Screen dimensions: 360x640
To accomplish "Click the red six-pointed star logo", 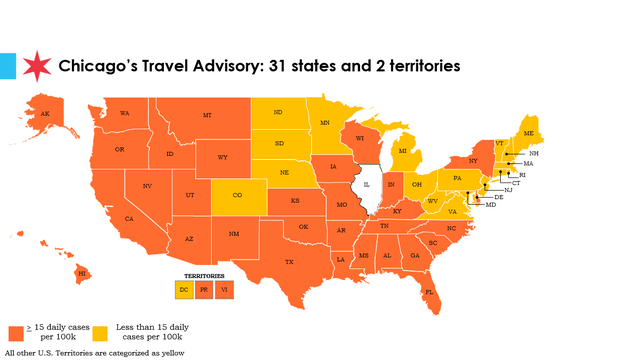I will click(37, 66).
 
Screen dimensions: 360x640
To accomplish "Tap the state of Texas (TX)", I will click(289, 261).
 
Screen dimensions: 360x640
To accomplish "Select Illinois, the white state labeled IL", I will click(367, 185).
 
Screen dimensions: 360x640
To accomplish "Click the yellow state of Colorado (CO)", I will click(236, 195).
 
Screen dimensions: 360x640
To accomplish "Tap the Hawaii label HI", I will click(82, 272).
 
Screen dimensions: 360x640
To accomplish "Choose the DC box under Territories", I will click(184, 289).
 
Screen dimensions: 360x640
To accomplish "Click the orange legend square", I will click(16, 332).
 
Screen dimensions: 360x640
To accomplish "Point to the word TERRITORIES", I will click(205, 275).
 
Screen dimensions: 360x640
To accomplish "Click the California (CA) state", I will click(129, 218).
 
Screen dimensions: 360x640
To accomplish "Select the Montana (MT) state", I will click(207, 116).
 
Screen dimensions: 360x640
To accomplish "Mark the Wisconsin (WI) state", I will click(357, 139).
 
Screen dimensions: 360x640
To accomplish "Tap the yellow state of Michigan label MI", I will click(403, 151).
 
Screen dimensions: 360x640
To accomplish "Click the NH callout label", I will click(534, 153).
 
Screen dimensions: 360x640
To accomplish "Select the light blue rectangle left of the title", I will click(8, 66).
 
